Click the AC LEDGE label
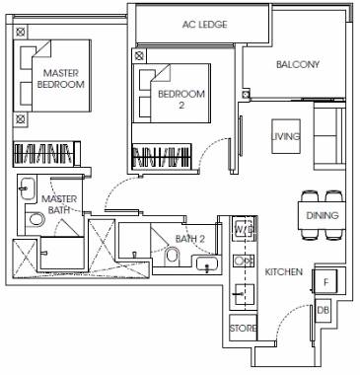click(204, 25)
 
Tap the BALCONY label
click(298, 64)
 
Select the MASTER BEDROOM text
click(61, 78)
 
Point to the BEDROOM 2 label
click(181, 99)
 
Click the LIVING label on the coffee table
click(286, 136)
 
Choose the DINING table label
click(323, 215)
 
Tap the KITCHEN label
click(284, 272)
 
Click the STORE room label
click(243, 328)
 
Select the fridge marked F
click(325, 281)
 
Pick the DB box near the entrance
click(323, 310)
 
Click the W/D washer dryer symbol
click(244, 229)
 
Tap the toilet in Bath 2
click(172, 256)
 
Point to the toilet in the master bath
click(36, 219)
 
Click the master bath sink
click(27, 188)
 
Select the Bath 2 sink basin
click(207, 263)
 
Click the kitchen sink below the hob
click(244, 294)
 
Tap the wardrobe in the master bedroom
click(46, 153)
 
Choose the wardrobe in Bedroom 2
click(162, 156)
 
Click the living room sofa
click(329, 136)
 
